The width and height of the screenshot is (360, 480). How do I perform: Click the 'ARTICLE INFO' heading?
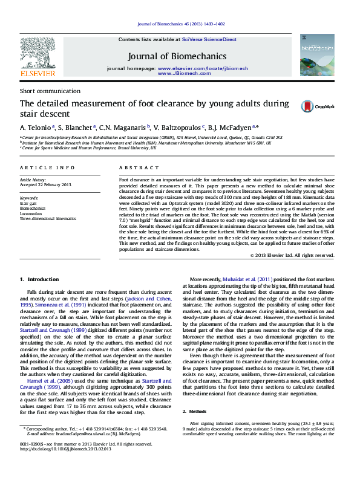pos(47,167)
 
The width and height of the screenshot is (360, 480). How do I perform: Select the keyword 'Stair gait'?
pos(28,204)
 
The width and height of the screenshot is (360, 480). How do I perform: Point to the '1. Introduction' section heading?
pos(39,279)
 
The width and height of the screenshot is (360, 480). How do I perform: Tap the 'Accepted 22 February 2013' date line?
pos(45,184)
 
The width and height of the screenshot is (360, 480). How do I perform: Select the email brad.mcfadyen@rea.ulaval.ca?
pos(81,433)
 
